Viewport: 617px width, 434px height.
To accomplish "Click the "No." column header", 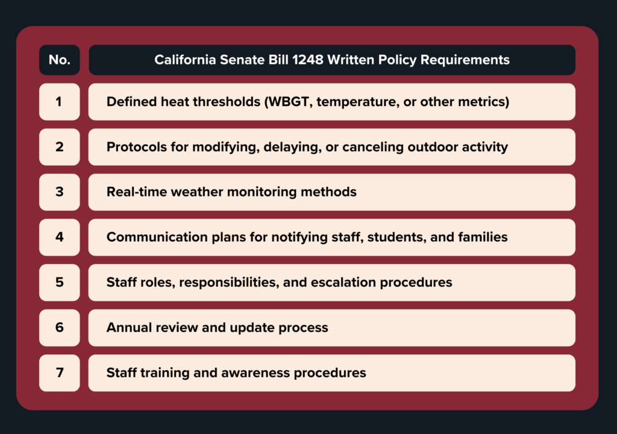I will [x=59, y=60].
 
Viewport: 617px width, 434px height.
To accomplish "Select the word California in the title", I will [x=185, y=60].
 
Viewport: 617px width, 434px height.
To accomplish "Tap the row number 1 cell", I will [x=59, y=102].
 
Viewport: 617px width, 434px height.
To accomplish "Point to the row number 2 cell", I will [x=59, y=147].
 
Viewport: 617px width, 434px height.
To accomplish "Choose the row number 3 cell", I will [x=59, y=192].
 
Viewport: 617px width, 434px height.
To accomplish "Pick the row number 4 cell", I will [x=59, y=237].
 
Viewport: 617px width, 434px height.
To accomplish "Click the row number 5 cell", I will [x=59, y=282].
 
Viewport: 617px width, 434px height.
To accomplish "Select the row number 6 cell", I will [x=59, y=327].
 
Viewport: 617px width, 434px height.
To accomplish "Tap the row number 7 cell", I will [x=59, y=373].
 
